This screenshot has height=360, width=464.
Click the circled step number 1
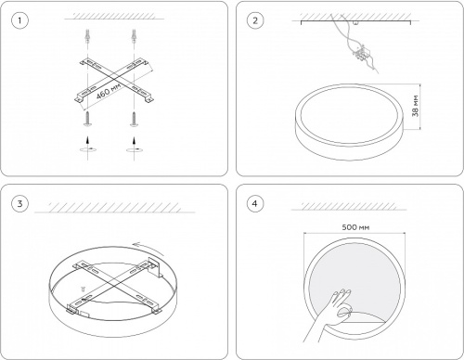pyautogui.click(x=19, y=20)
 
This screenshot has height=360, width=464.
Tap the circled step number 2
pyautogui.click(x=255, y=20)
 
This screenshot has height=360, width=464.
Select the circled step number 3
pyautogui.click(x=19, y=203)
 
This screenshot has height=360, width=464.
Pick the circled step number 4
pyautogui.click(x=255, y=203)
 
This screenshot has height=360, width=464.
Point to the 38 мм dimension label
pyautogui.click(x=416, y=106)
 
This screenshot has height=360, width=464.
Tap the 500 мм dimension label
pyautogui.click(x=355, y=227)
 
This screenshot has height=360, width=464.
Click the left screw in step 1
pyautogui.click(x=87, y=119)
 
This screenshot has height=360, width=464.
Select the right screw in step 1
pyautogui.click(x=134, y=120)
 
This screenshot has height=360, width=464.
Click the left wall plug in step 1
pyautogui.click(x=87, y=35)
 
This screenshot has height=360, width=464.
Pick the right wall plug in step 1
pyautogui.click(x=134, y=35)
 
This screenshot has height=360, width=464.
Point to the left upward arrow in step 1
pyautogui.click(x=88, y=140)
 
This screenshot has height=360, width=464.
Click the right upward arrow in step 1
pyautogui.click(x=134, y=142)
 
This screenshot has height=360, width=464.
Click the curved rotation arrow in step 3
pyautogui.click(x=148, y=248)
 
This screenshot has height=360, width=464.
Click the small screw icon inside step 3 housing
pyautogui.click(x=83, y=289)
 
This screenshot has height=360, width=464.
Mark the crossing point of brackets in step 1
pyautogui.click(x=114, y=81)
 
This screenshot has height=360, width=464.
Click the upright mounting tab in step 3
pyautogui.click(x=156, y=266)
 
